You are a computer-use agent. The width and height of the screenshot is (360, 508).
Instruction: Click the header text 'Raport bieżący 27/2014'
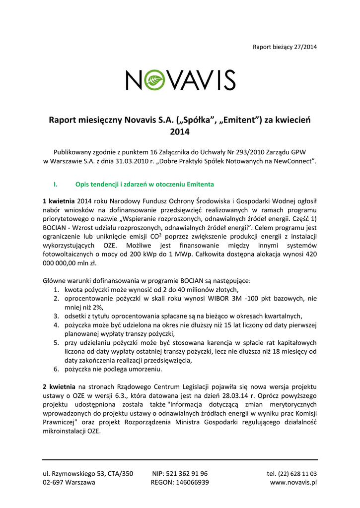[x=285, y=47]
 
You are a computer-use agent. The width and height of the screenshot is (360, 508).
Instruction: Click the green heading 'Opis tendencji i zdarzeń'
[x=144, y=185]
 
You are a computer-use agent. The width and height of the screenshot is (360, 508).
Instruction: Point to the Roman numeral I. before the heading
[x=55, y=185]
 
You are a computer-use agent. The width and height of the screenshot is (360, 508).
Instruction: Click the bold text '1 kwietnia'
[x=59, y=200]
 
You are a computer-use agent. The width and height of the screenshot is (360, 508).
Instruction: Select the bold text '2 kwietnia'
[x=59, y=386]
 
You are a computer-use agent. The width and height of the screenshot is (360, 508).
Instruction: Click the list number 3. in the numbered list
[x=57, y=316]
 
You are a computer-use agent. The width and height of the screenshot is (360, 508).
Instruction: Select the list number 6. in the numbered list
[x=57, y=370]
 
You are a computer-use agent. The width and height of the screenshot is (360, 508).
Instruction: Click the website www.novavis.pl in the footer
[x=293, y=482]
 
